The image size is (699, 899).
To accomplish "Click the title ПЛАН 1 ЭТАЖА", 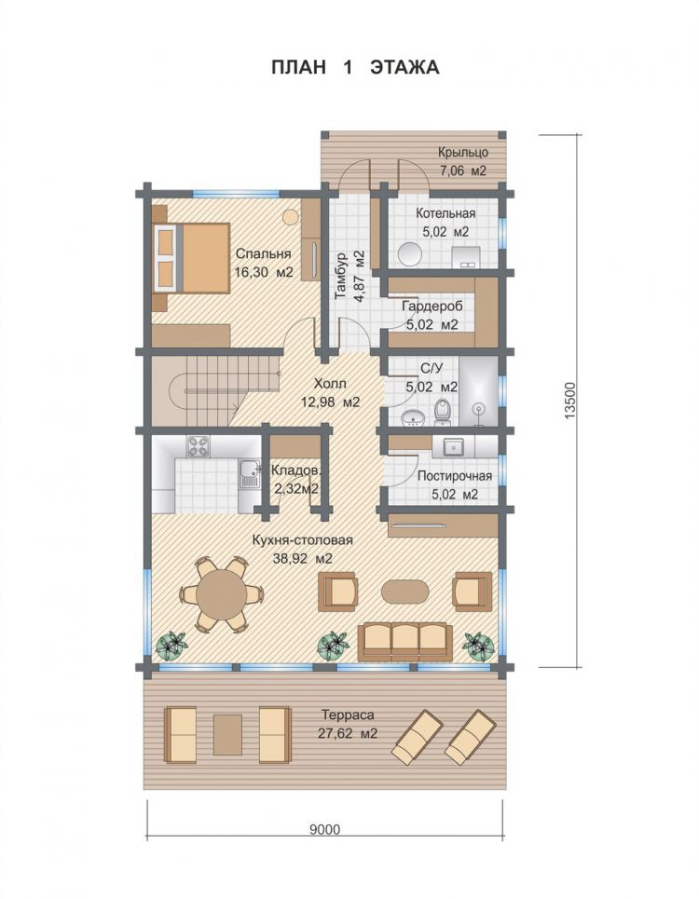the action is click(355, 67).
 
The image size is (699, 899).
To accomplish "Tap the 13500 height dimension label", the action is click(569, 401).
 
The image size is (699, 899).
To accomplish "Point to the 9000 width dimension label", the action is click(324, 830).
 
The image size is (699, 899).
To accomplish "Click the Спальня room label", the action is click(264, 253).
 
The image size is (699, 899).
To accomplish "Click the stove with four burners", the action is click(199, 446).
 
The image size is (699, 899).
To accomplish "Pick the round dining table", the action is click(220, 594).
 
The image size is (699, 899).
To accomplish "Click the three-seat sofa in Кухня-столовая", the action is click(404, 642).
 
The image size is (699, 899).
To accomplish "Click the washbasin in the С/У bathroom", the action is click(412, 417).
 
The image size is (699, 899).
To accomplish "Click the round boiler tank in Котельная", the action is click(411, 254).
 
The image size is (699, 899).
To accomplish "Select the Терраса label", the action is click(348, 715).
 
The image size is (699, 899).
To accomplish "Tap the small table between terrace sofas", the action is click(227, 734).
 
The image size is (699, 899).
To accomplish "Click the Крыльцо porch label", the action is click(463, 153).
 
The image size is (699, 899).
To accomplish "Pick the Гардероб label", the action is click(432, 306).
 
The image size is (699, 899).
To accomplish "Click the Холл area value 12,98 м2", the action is click(330, 402).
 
